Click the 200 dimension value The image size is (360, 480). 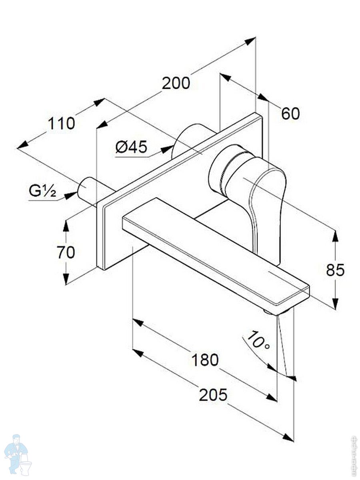tap(176, 83)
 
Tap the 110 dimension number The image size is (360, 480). tap(62, 124)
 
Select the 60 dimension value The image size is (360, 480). tap(290, 114)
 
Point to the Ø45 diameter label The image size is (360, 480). tap(131, 147)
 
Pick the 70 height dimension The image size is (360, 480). tap(66, 252)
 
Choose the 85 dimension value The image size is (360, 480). tap(335, 270)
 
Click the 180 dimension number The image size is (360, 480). tap(205, 360)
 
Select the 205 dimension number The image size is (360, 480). tap(213, 395)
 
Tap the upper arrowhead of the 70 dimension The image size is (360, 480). tap(66, 225)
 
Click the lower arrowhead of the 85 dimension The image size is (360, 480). tap(335, 304)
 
